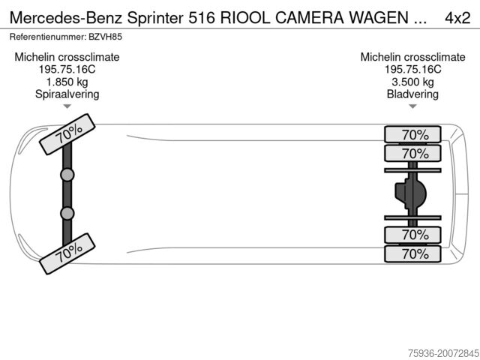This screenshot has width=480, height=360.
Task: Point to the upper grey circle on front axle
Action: [x=67, y=175]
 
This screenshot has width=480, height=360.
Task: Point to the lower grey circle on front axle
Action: [x=67, y=214]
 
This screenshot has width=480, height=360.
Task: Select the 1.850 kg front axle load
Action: [x=67, y=82]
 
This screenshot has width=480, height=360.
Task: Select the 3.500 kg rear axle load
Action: [x=412, y=82]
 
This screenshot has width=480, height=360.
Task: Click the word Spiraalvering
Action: [x=67, y=94]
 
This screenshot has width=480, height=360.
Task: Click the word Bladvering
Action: [x=412, y=94]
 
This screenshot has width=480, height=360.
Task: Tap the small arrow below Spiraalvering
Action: [x=67, y=106]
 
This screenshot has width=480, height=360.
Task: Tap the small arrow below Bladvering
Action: [x=412, y=106]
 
